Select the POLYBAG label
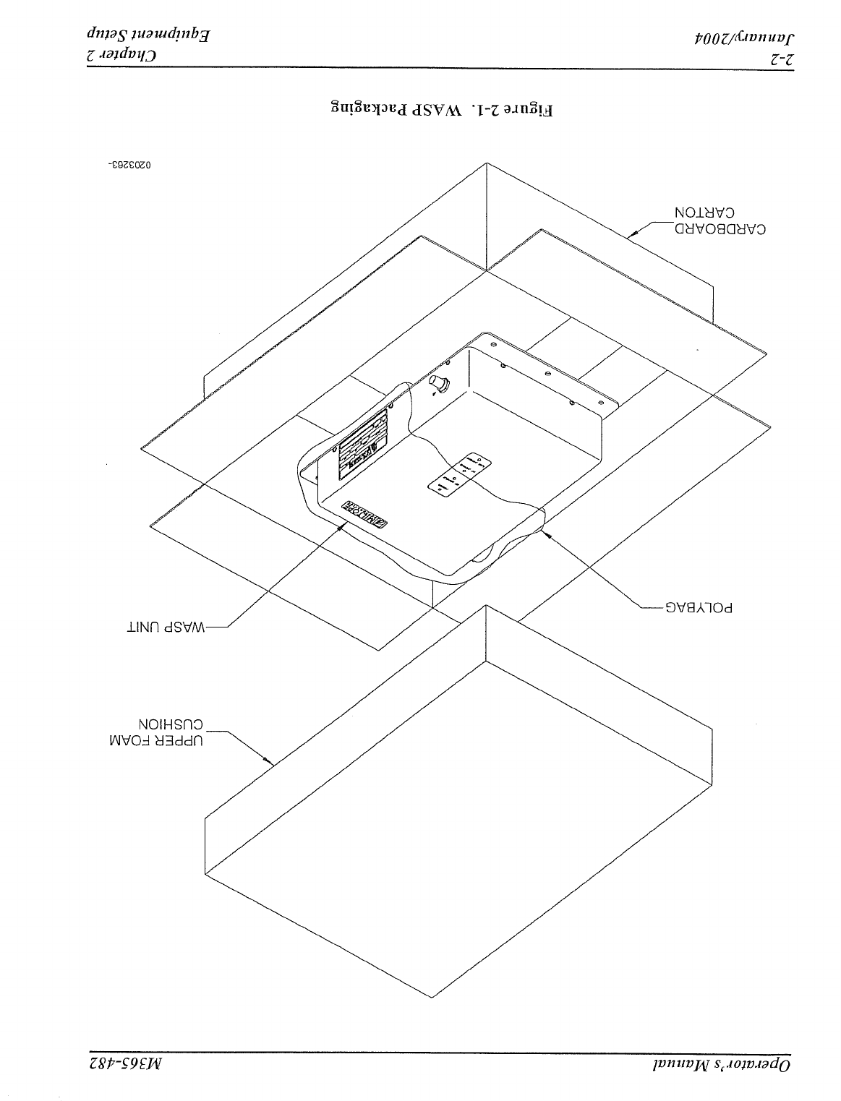699,608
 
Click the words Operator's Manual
730,1067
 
